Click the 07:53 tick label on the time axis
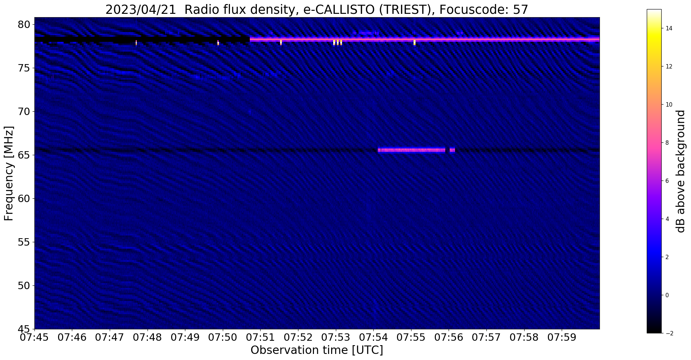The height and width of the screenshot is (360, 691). tap(336, 337)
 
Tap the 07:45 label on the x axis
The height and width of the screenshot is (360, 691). tap(34, 337)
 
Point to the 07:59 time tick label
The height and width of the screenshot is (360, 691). tap(562, 337)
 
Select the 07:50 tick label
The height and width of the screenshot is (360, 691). tap(222, 337)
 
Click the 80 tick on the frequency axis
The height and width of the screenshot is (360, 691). tap(24, 25)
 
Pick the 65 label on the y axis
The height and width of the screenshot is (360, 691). tap(24, 155)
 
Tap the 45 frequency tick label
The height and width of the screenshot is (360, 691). tap(24, 329)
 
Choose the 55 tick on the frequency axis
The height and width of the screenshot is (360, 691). tap(24, 242)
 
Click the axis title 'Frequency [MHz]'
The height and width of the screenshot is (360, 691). tap(9, 173)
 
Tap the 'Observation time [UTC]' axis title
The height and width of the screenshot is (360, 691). tap(317, 350)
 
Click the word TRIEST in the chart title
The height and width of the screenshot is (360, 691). tap(400, 10)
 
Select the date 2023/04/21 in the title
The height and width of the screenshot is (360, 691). tap(141, 10)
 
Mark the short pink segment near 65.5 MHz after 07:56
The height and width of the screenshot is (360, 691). tap(452, 150)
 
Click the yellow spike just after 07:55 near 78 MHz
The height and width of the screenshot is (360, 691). tap(415, 43)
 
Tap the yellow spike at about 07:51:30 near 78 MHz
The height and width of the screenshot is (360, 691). tap(281, 43)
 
